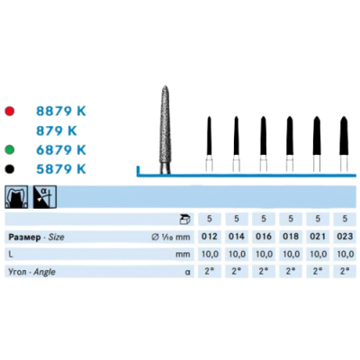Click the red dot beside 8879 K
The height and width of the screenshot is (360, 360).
(10, 112)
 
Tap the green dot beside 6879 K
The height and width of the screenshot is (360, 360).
(10, 149)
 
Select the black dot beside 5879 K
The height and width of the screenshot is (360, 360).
(10, 169)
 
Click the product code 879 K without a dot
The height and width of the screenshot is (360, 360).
(57, 130)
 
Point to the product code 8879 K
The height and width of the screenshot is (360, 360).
(61, 112)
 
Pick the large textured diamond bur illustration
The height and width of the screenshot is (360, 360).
(165, 130)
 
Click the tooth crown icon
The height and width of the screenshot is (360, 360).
(16, 197)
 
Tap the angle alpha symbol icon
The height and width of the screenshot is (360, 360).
(45, 197)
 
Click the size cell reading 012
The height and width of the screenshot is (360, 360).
(210, 237)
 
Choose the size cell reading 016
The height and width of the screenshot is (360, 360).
(264, 237)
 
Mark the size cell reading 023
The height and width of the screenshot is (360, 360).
(345, 237)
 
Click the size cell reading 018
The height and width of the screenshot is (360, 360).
(291, 237)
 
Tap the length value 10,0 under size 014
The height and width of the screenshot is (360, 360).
(237, 255)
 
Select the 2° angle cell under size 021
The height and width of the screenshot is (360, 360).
(318, 272)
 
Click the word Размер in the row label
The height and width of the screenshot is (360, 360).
(24, 238)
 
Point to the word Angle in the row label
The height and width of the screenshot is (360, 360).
(45, 272)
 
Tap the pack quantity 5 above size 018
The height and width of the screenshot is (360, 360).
(291, 219)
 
